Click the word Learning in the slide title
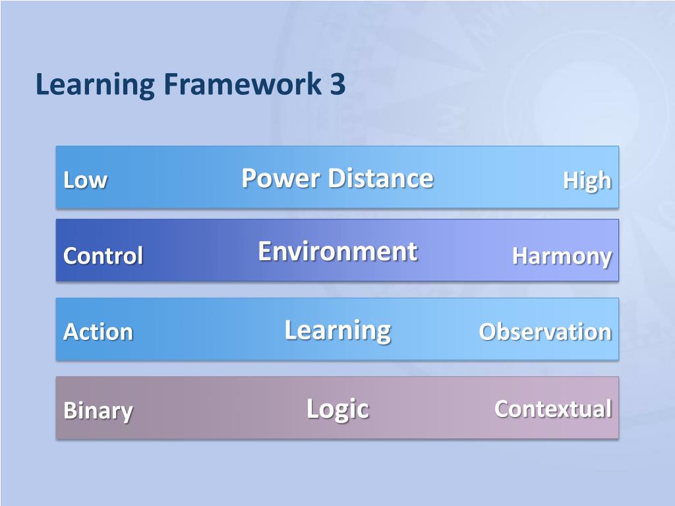click(95, 86)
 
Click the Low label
click(85, 181)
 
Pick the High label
click(587, 181)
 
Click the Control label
click(103, 256)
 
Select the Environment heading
click(337, 251)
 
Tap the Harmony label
click(562, 256)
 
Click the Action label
click(98, 331)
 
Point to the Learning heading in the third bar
click(337, 329)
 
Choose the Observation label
click(545, 331)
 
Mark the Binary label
click(98, 411)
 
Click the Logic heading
click(337, 409)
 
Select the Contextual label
click(553, 408)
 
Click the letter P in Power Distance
click(249, 178)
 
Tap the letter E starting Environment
click(264, 251)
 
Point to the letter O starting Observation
click(486, 331)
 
